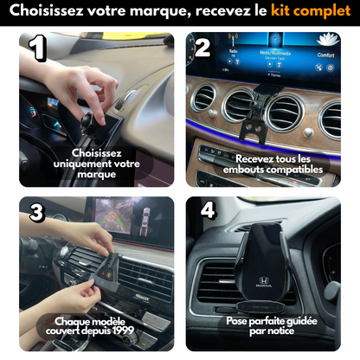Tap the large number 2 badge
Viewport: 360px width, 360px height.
tap(202, 48)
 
